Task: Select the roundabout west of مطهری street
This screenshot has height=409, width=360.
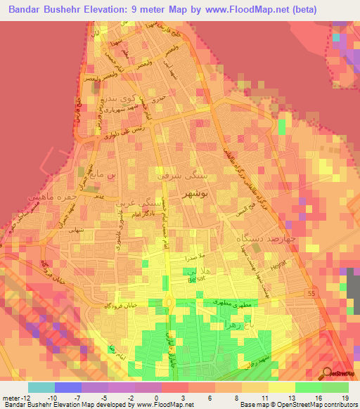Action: [171, 304]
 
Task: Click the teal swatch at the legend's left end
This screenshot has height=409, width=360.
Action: [41, 387]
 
